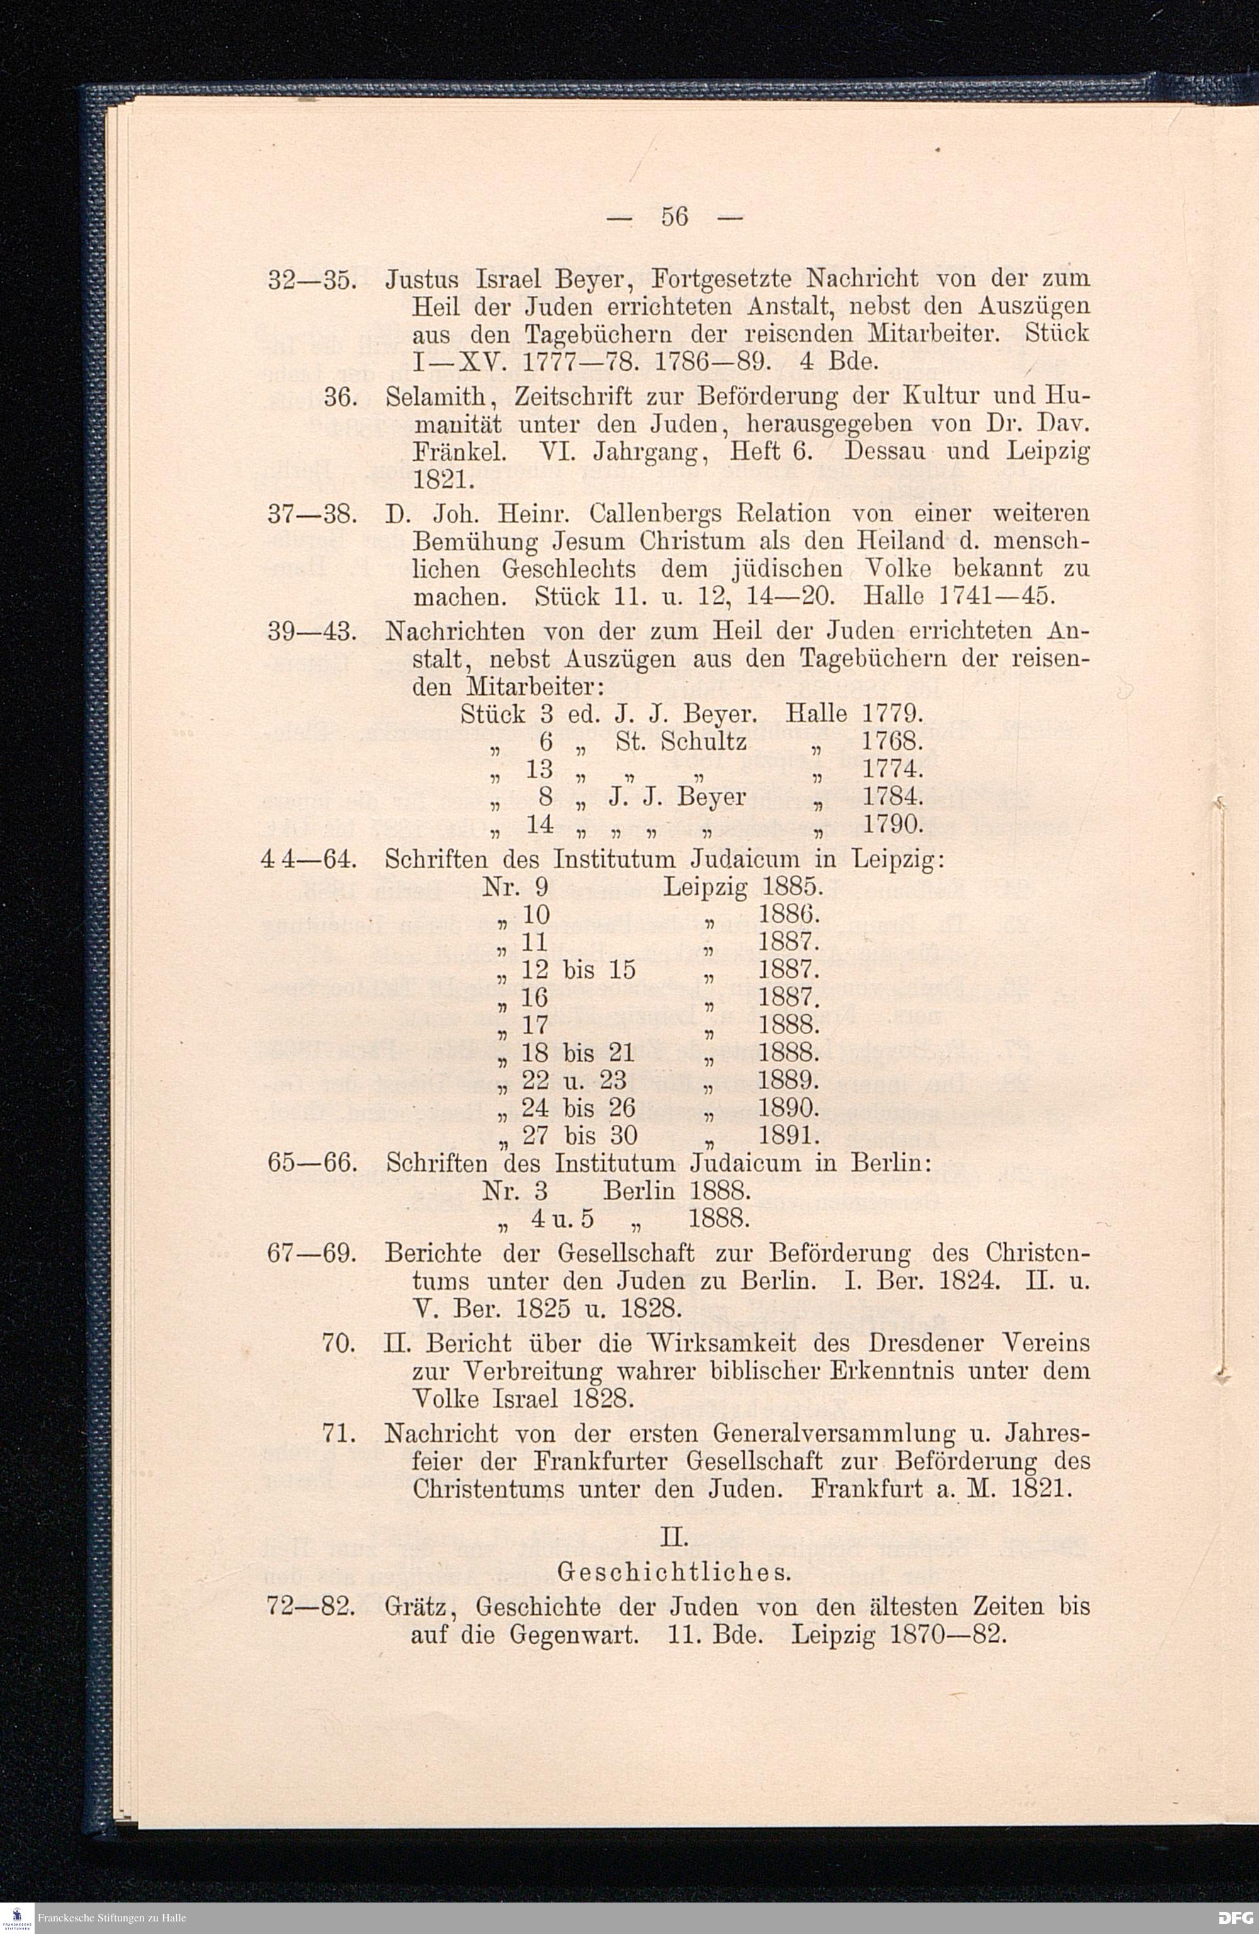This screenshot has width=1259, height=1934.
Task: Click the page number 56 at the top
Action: (675, 217)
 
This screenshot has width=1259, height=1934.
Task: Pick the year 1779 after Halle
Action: (891, 715)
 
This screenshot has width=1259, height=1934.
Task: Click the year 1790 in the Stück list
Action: (891, 825)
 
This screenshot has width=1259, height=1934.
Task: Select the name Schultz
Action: (704, 741)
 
